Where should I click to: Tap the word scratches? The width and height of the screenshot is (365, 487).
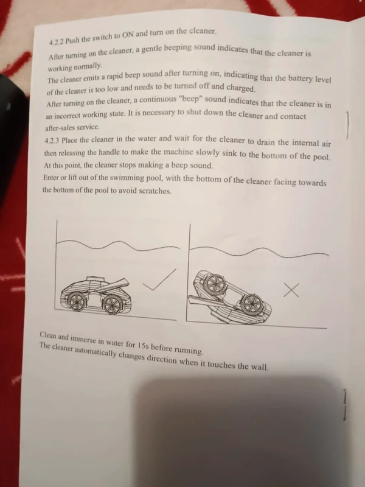(x=152, y=191)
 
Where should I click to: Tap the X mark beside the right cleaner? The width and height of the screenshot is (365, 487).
(x=292, y=290)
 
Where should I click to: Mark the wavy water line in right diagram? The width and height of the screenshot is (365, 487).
(x=262, y=251)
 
